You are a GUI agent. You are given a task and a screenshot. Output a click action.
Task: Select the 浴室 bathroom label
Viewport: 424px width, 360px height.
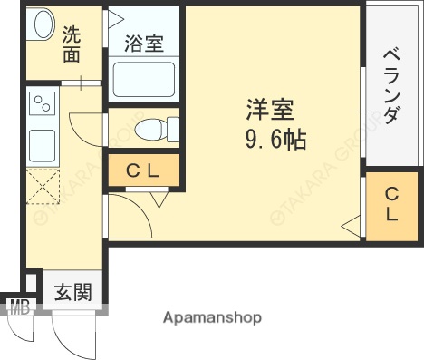click(144, 43)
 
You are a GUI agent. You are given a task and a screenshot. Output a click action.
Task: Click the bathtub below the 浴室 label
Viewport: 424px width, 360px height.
click(142, 81)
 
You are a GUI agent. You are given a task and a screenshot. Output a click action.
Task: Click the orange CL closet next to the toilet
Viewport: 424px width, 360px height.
click(143, 170)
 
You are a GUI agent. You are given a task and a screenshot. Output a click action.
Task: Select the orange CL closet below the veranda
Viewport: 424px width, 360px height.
click(391, 205)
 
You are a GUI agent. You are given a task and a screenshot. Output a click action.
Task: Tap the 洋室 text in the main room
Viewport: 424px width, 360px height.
click(269, 110)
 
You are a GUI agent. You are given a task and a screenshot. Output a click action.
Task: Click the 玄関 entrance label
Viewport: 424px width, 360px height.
click(72, 292)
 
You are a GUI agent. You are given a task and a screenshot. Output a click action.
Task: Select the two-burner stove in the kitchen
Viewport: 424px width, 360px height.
click(41, 107)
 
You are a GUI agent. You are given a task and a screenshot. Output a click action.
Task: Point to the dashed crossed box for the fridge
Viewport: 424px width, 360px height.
click(41, 188)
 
